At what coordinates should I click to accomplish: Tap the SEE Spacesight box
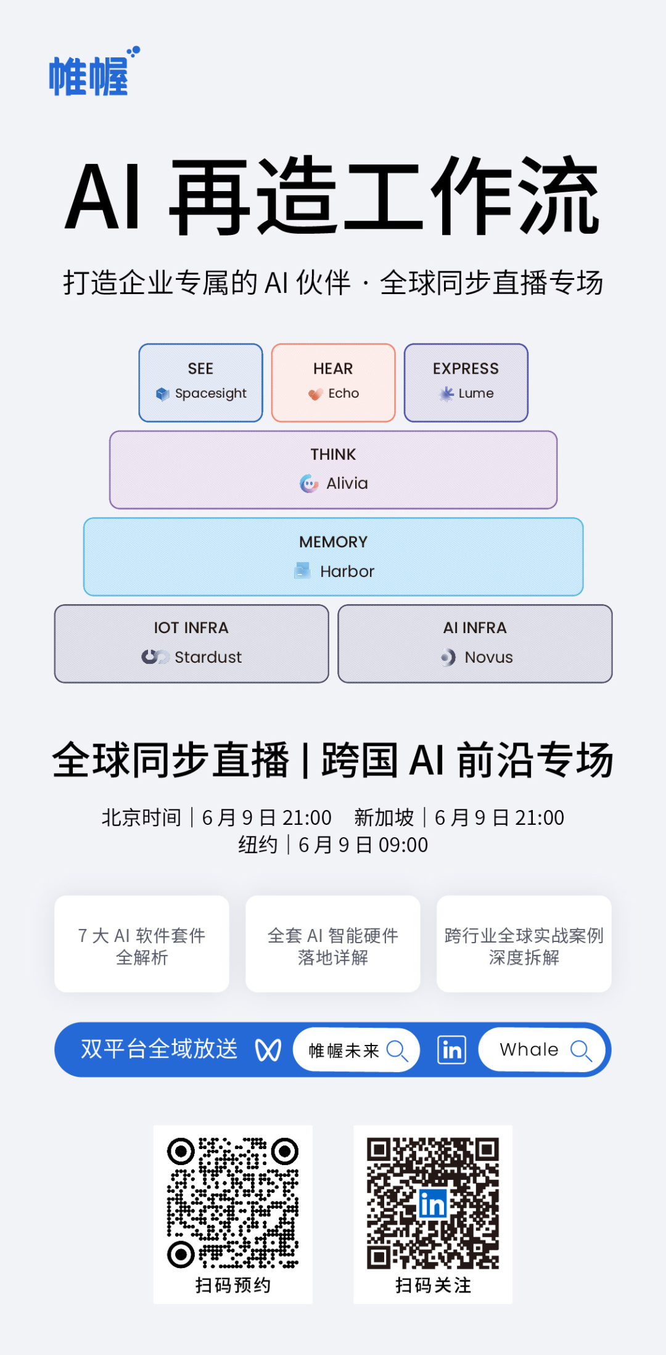(x=201, y=383)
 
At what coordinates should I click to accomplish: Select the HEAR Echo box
(x=334, y=383)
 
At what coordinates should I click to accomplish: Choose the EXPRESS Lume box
(x=466, y=383)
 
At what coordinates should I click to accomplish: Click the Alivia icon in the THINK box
(x=309, y=483)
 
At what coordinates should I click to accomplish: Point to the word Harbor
(x=347, y=571)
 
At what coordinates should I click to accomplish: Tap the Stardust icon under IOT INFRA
(x=155, y=657)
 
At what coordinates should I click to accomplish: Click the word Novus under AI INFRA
(x=488, y=657)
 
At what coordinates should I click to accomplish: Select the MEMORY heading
(x=334, y=542)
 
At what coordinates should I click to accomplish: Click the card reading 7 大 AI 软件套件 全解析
(x=142, y=944)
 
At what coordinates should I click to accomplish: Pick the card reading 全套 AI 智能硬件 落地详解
(x=333, y=944)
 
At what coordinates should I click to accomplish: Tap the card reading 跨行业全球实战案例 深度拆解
(x=524, y=944)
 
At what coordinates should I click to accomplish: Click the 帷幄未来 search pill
(x=356, y=1050)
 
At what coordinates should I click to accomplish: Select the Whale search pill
(x=543, y=1050)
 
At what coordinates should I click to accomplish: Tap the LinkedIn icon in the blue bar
(x=452, y=1050)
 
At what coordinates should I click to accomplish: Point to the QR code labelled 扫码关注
(x=433, y=1203)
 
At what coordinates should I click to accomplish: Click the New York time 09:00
(x=403, y=845)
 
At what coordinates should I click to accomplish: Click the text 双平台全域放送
(x=159, y=1049)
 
